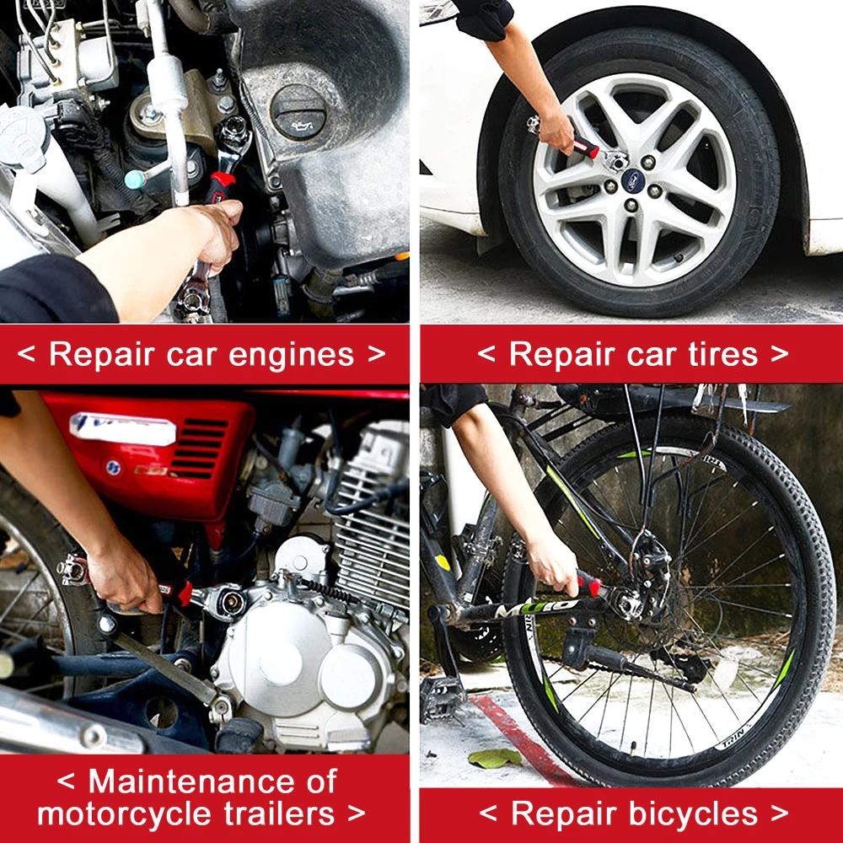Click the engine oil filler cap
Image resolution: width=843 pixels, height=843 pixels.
tap(299, 111)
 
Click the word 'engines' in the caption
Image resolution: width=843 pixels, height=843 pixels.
tap(292, 356)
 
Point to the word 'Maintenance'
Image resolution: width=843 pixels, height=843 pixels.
tap(213, 781)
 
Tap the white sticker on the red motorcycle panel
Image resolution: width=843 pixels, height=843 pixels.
tap(122, 428)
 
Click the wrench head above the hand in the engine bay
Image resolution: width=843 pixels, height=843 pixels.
tap(233, 134)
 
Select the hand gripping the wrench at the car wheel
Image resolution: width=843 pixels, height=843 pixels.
tap(557, 131)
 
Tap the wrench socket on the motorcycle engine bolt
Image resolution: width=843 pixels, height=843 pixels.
tap(226, 602)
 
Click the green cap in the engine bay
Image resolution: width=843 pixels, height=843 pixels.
tap(134, 179)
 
